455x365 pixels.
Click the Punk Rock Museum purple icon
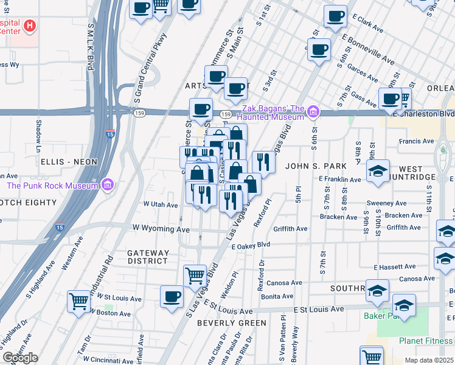[108, 184]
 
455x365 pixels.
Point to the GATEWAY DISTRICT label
[147, 257]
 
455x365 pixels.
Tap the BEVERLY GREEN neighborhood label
[232, 322]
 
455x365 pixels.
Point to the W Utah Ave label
[160, 205]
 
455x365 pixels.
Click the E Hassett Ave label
[395, 267]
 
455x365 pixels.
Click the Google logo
[20, 358]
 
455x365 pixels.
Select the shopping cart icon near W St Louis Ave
[79, 301]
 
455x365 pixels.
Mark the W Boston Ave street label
[111, 314]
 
